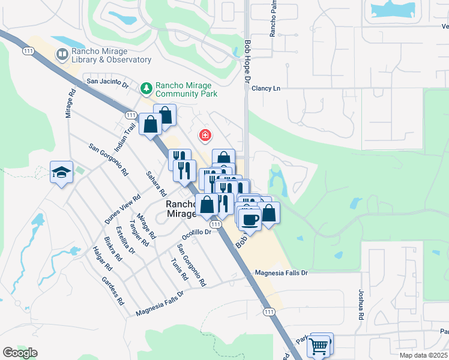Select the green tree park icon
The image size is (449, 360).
(x=146, y=89)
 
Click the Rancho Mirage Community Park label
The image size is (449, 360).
(x=186, y=89)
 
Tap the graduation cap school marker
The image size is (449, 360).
(x=61, y=172)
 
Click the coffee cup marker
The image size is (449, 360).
(x=250, y=219)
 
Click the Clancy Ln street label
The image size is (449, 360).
(x=267, y=88)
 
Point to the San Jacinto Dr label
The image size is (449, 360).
(x=108, y=82)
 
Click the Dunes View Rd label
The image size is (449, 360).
(x=122, y=209)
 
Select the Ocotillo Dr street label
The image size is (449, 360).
(x=197, y=232)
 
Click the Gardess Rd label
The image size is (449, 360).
(x=113, y=290)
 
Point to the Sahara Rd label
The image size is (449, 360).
(x=155, y=184)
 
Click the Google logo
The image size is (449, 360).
(x=20, y=353)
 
